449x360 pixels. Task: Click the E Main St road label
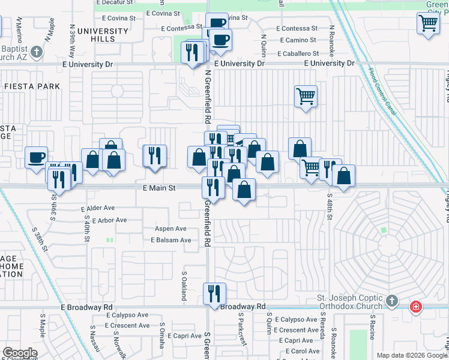click(x=158, y=188)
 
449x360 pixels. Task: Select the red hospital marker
click(x=415, y=308)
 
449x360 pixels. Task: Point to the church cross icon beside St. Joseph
click(x=391, y=300)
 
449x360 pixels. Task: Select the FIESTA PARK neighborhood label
click(x=32, y=86)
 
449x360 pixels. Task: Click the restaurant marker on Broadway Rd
click(x=214, y=293)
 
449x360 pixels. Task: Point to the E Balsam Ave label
click(x=170, y=240)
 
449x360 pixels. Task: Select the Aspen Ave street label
click(x=170, y=229)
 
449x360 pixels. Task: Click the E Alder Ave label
click(x=98, y=208)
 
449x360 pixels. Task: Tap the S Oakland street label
click(x=184, y=285)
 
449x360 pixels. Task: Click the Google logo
click(x=20, y=353)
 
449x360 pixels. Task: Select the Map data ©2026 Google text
click(x=412, y=355)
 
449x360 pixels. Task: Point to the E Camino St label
click(x=296, y=40)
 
